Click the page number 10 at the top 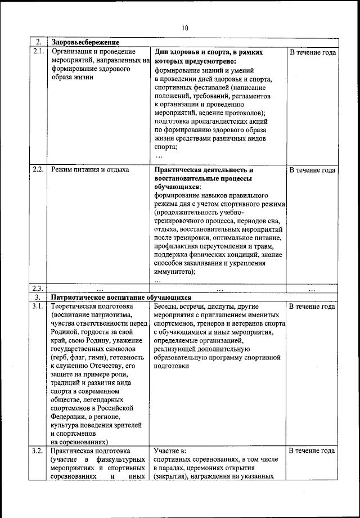pos(185,29)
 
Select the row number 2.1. pos(38,52)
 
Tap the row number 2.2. pos(38,169)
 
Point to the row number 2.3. pos(38,289)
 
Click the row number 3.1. pos(38,307)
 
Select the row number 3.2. pos(38,451)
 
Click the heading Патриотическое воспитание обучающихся pos(121,298)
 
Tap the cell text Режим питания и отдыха pos(90,169)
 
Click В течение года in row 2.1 pos(313,52)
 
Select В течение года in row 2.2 pos(313,170)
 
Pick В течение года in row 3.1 pos(313,307)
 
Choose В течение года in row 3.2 pos(313,451)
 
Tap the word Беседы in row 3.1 pos(165,307)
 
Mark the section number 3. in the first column pos(38,298)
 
